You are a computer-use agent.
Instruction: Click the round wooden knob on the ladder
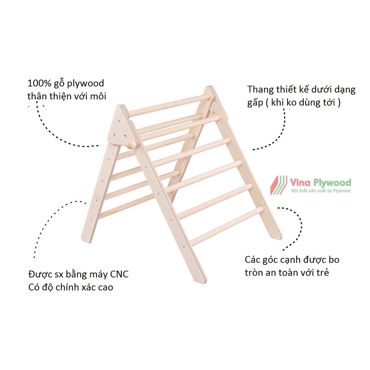click(x=132, y=144)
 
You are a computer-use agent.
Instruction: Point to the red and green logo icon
click(x=279, y=185)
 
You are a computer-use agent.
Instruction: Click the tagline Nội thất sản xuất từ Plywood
click(x=320, y=190)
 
